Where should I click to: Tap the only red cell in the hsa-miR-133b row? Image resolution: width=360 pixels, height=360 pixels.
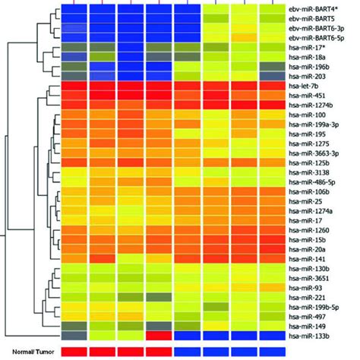(x=159, y=335)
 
